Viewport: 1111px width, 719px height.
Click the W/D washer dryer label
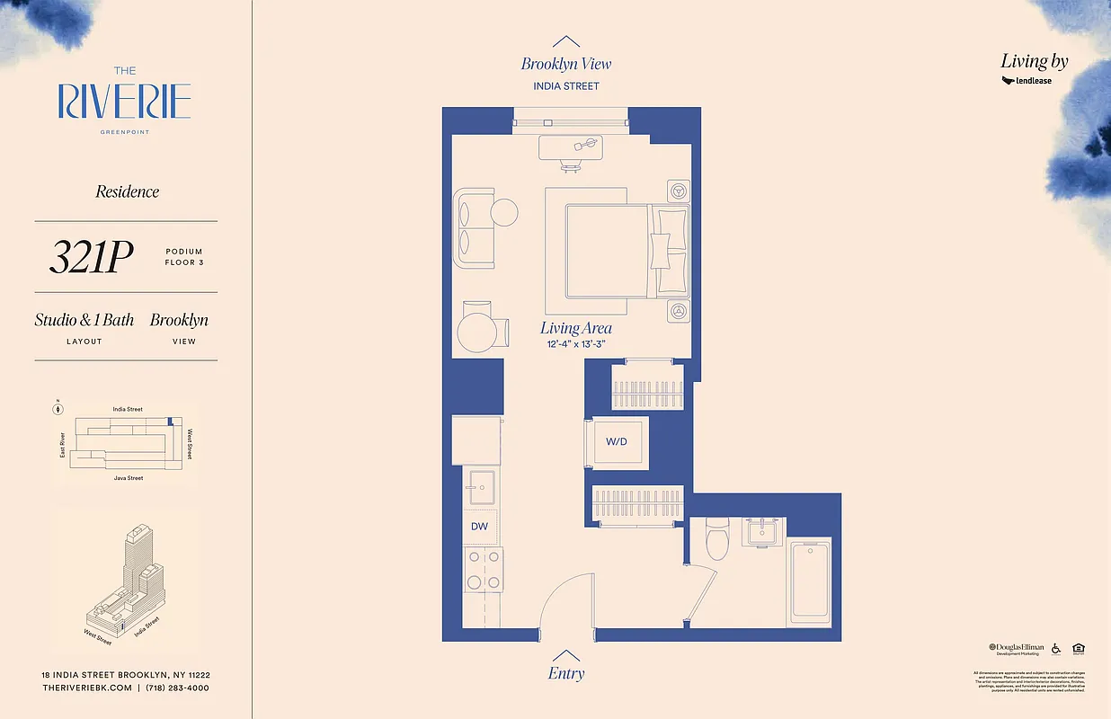pos(617,441)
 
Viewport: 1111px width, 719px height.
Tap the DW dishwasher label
pos(479,526)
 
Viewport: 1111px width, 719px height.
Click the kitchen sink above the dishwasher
pos(483,488)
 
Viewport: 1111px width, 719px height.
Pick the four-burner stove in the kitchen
pos(483,570)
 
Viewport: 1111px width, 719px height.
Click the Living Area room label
pos(575,329)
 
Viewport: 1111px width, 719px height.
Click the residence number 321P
pos(91,258)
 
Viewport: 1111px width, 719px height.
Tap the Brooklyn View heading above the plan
pos(565,64)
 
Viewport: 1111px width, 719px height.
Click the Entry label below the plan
pos(565,673)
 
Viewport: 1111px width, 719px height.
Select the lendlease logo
pos(1027,81)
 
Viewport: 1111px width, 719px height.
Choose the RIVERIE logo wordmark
pos(125,102)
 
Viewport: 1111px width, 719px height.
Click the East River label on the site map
pos(62,444)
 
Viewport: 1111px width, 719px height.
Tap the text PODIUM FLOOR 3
pos(183,257)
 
